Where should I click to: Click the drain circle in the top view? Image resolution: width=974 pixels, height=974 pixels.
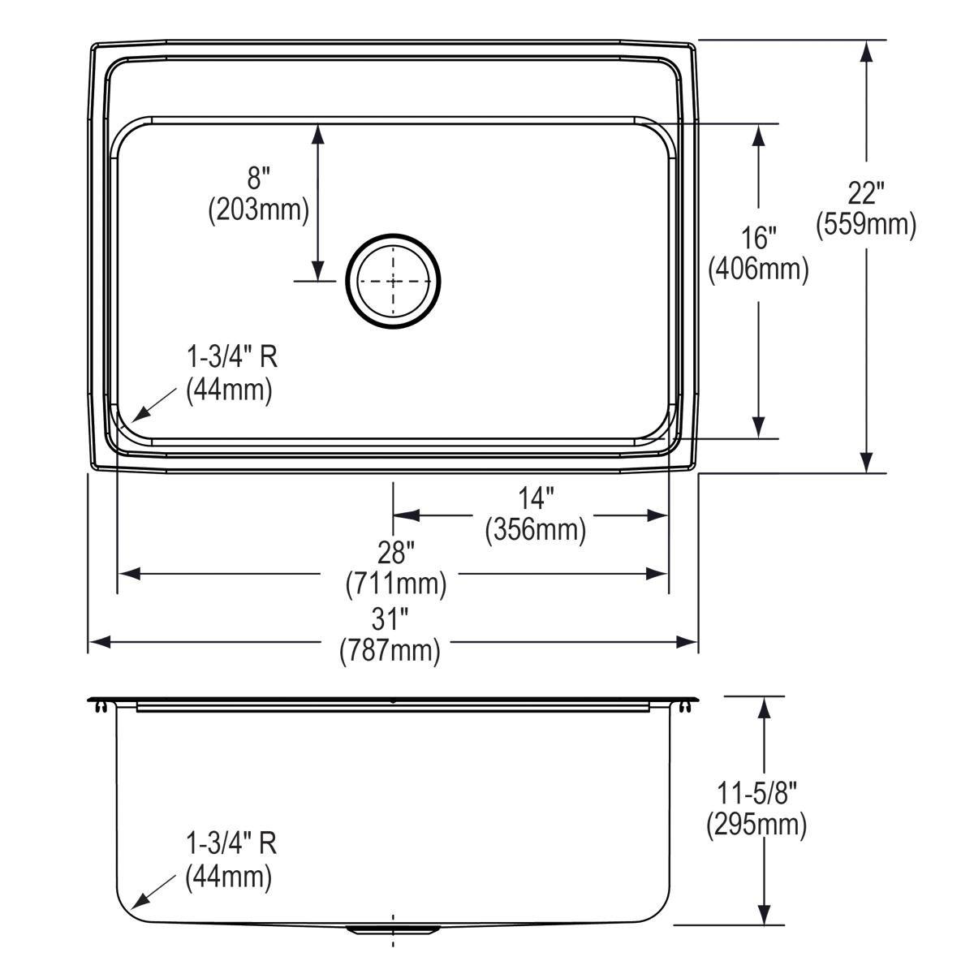pos(394,282)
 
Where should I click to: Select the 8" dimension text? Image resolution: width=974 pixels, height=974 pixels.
pos(258,179)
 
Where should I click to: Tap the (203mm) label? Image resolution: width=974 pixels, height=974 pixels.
pos(258,210)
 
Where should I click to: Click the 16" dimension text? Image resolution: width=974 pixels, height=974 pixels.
pos(758,238)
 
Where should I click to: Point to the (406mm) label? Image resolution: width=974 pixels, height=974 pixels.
pos(758,269)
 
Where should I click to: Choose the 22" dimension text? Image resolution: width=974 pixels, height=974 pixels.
pos(866,193)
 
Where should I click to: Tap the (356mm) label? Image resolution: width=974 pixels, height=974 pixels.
pos(536,530)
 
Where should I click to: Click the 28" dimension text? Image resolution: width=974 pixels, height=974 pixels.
pos(395,553)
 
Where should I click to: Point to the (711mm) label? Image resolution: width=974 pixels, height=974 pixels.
pos(395,584)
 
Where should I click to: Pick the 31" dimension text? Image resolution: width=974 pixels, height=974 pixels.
pos(390,620)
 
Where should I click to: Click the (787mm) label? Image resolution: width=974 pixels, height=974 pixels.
pos(390,651)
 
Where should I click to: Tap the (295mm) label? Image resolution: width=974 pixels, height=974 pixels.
pos(756,825)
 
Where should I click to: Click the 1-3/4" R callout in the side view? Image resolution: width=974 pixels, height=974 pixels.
pos(231,843)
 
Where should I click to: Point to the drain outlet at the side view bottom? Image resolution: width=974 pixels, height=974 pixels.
pos(394,929)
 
